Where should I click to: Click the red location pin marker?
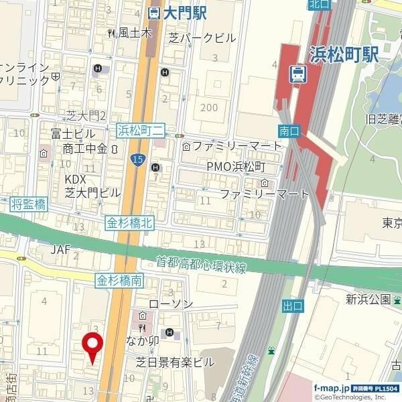click(x=92, y=346)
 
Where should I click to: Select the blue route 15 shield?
click(x=137, y=159)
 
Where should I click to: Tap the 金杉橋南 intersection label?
click(x=119, y=280)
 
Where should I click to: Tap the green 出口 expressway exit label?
click(x=293, y=306)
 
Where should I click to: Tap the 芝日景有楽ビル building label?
click(x=175, y=362)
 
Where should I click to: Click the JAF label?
click(x=60, y=249)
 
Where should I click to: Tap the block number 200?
click(x=209, y=107)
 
